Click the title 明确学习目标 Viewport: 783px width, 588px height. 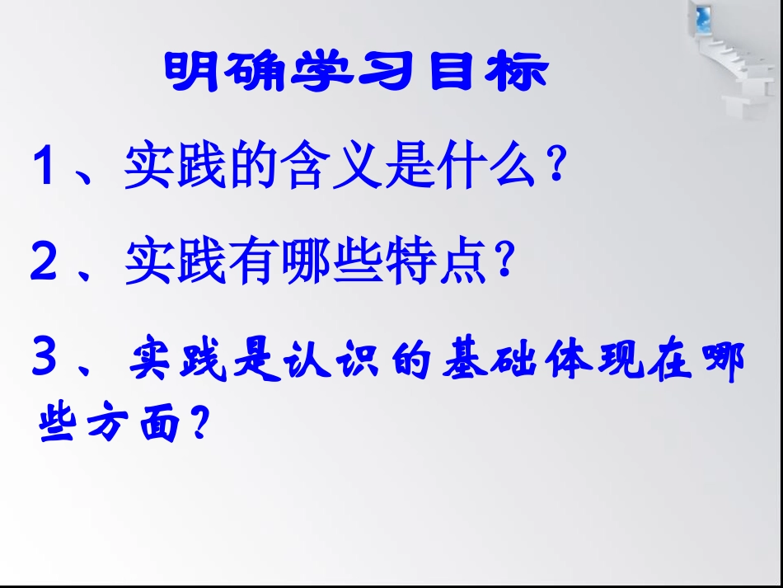355,73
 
